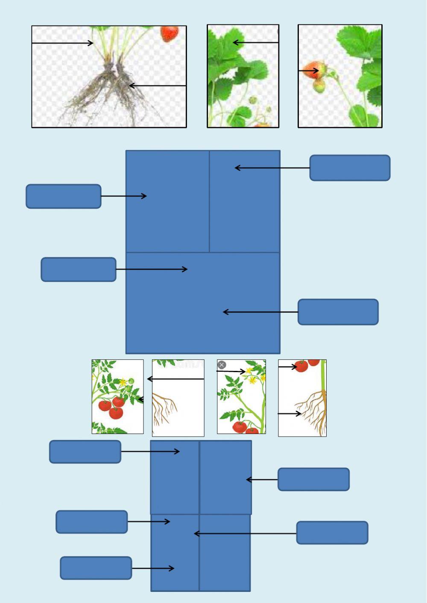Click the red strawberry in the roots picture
170,34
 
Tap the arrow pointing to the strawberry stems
62,43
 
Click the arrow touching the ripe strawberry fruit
308,71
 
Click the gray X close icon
222,365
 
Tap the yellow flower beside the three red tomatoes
123,382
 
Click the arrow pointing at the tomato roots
290,414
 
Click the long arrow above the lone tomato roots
175,379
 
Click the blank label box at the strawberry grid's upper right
350,168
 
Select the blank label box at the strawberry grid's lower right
338,312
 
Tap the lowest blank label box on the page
96,568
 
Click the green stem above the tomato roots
323,376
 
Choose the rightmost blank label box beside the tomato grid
332,533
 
